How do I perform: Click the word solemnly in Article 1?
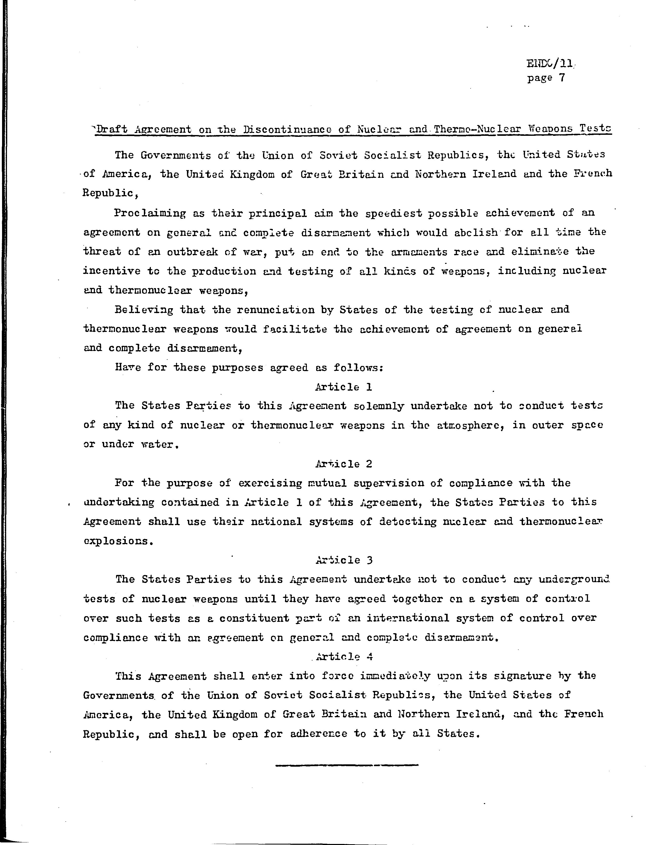pos(378,406)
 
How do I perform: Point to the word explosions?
pos(116,541)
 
